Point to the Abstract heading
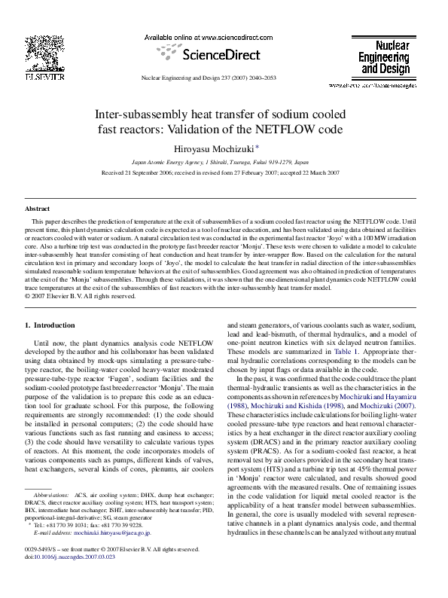pyautogui.click(x=38, y=208)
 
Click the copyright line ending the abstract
pyautogui.click(x=81, y=296)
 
